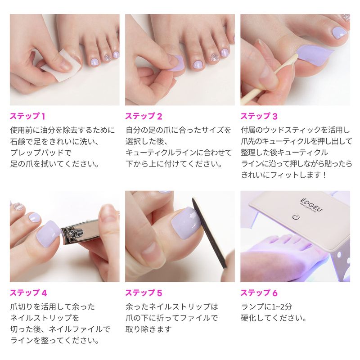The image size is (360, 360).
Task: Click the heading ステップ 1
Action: [27, 116]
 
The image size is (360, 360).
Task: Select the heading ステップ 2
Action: [144, 116]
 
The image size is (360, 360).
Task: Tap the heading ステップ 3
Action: [259, 116]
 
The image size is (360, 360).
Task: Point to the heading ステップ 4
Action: [28, 293]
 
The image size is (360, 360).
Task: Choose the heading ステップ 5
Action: [144, 293]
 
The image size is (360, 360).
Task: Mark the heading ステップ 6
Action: [259, 293]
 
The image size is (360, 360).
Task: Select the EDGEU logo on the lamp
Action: [311, 205]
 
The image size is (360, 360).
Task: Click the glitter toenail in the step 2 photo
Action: [215, 58]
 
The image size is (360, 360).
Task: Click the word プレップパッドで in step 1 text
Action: [41, 153]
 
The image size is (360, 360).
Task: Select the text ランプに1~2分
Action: [266, 307]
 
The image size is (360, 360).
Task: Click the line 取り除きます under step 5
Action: [148, 329]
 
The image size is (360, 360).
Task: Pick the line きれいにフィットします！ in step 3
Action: [284, 175]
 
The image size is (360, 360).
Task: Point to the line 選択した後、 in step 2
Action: [147, 141]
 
